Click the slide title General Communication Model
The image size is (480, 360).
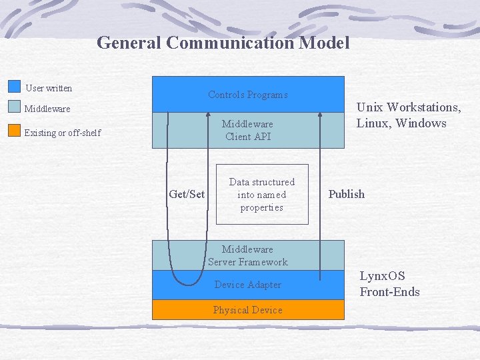click(x=223, y=43)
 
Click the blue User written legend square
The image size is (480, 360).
click(x=15, y=87)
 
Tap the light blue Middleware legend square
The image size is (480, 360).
click(x=15, y=107)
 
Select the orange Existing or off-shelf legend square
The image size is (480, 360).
click(x=15, y=131)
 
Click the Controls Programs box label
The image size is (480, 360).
click(x=248, y=95)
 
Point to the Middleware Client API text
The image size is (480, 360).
click(x=248, y=130)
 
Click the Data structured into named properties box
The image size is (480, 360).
click(x=262, y=195)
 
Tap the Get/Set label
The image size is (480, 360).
click(x=187, y=194)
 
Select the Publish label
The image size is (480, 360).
click(x=346, y=194)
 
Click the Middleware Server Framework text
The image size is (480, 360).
click(x=248, y=255)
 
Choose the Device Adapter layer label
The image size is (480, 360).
click(x=248, y=285)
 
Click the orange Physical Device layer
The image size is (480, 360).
click(x=248, y=310)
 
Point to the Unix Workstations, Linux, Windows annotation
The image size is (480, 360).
click(x=408, y=115)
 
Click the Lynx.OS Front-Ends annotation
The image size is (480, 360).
click(x=389, y=283)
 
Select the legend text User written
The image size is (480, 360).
click(x=49, y=88)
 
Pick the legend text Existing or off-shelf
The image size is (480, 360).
click(x=62, y=133)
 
